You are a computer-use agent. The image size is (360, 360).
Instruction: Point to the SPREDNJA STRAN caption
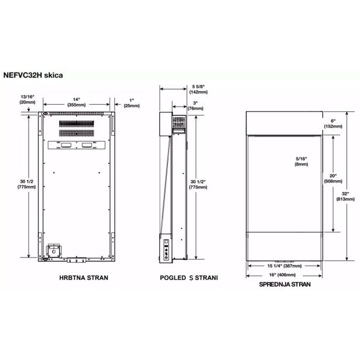point(284,284)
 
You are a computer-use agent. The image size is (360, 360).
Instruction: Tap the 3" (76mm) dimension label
point(196,105)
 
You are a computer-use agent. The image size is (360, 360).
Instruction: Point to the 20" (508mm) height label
point(317,179)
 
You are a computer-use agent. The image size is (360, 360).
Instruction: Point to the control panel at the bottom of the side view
point(167,248)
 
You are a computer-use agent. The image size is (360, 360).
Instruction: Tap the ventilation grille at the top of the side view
point(178,122)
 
